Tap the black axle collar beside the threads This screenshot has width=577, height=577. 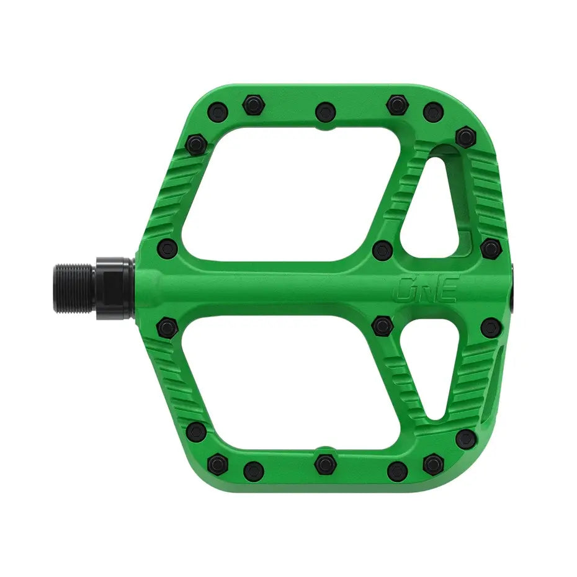coord(115,284)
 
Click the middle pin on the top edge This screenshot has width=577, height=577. coord(325,111)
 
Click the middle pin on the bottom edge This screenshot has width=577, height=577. coord(324,463)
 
